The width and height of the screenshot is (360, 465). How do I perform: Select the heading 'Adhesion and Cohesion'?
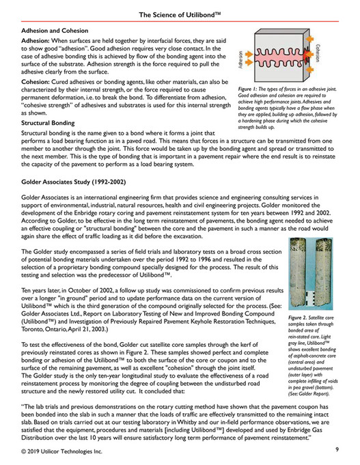(60, 31)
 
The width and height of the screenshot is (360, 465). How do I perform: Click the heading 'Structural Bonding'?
(53, 123)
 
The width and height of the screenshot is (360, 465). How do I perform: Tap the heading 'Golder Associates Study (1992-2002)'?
(84, 185)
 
